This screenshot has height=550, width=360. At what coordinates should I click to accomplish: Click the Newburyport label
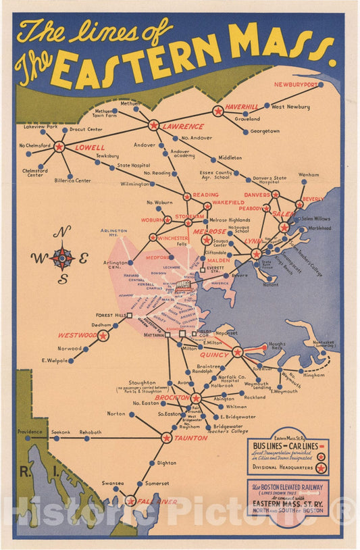pyautogui.click(x=295, y=84)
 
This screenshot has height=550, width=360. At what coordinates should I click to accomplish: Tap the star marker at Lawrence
pyautogui.click(x=154, y=125)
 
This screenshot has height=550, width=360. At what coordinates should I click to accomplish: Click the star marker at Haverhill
pyautogui.click(x=218, y=111)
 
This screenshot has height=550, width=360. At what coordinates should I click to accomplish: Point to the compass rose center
pyautogui.click(x=62, y=257)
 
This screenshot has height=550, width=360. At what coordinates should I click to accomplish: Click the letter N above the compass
pyautogui.click(x=62, y=232)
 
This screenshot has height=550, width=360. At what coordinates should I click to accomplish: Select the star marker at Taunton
pyautogui.click(x=167, y=438)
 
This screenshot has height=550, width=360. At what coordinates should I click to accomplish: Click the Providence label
pyautogui.click(x=30, y=432)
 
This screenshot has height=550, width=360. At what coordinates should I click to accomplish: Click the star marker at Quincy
pyautogui.click(x=237, y=352)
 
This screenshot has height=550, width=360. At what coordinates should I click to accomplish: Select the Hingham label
pyautogui.click(x=313, y=375)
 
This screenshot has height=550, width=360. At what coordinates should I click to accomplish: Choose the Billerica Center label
pyautogui.click(x=73, y=180)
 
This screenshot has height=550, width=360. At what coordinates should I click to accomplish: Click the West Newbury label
pyautogui.click(x=290, y=107)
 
